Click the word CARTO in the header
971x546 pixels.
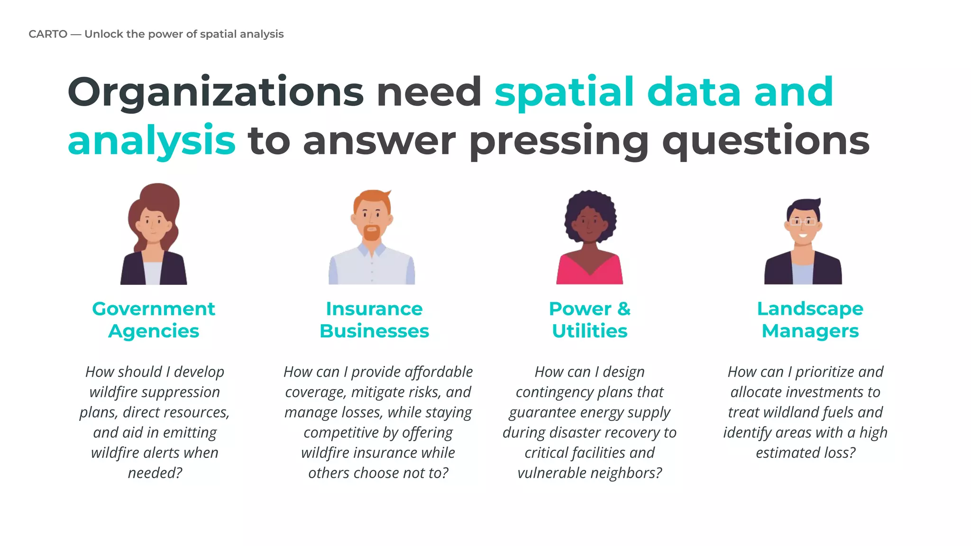pos(48,34)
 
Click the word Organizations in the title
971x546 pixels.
pos(216,92)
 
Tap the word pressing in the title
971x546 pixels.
pos(559,141)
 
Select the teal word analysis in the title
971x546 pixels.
pos(152,141)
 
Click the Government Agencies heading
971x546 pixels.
pos(154,320)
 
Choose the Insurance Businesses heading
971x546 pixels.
pos(374,320)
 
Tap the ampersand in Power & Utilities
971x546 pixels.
pos(624,309)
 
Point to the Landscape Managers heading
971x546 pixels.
pos(810,320)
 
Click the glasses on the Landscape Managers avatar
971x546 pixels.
pos(803,222)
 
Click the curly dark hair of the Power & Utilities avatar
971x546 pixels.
pos(590,201)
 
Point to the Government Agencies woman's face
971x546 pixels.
pos(153,224)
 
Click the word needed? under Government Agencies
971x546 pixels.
pos(155,473)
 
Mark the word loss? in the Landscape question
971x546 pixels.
pos(840,453)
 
